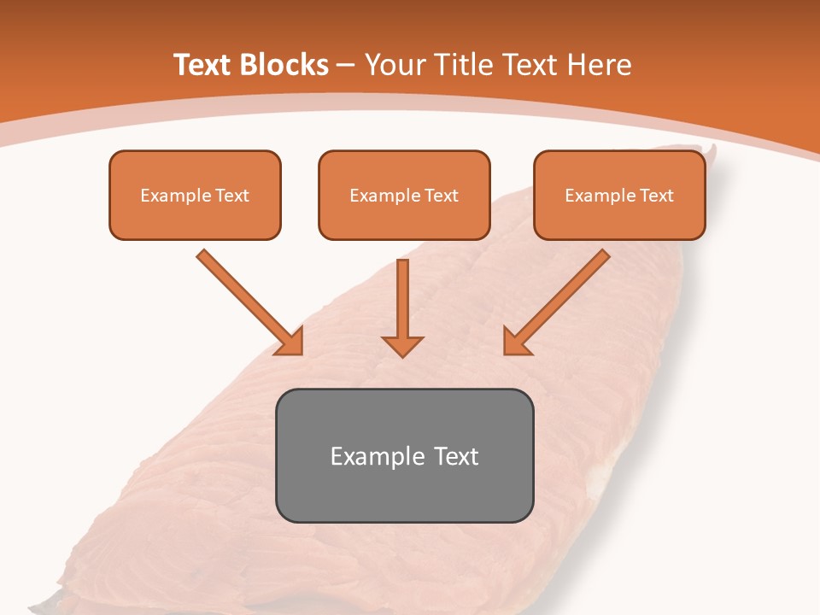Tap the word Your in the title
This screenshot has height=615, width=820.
[x=394, y=65]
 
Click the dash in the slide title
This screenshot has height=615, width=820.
[x=346, y=66]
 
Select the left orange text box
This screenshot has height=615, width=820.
[x=195, y=195]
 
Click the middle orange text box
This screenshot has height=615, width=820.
[x=404, y=195]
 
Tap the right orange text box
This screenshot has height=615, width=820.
[x=619, y=195]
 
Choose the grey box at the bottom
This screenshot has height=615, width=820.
[x=404, y=455]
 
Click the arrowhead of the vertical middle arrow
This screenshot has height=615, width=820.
[x=402, y=345]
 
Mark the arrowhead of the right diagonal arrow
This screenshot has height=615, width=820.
[x=515, y=343]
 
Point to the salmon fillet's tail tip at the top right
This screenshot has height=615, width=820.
[x=712, y=152]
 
